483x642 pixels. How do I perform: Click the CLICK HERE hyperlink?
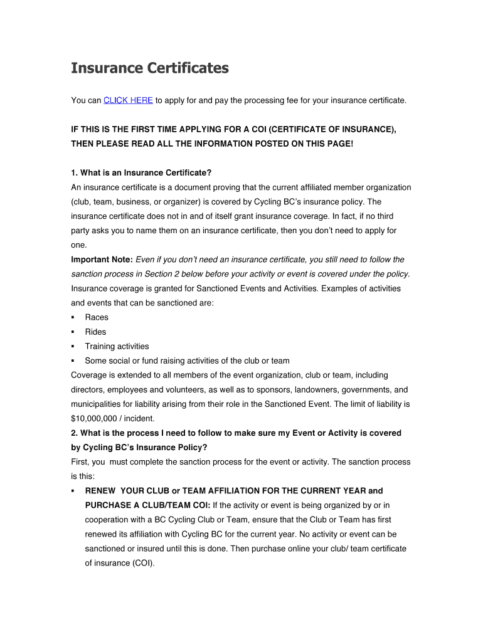pyautogui.click(x=128, y=100)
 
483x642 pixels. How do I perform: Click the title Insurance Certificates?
pyautogui.click(x=149, y=68)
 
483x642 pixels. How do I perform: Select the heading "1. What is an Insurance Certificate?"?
pyautogui.click(x=141, y=172)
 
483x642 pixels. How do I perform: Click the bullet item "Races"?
pyautogui.click(x=97, y=317)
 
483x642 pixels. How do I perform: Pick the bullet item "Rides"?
pyautogui.click(x=96, y=332)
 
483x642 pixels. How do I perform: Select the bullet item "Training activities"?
pyautogui.click(x=117, y=346)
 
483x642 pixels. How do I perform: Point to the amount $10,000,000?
pyautogui.click(x=95, y=418)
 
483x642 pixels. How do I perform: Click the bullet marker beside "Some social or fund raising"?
pyautogui.click(x=73, y=361)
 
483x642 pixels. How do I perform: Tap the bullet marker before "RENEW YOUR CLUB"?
pyautogui.click(x=73, y=491)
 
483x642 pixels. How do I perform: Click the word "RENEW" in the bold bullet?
pyautogui.click(x=100, y=491)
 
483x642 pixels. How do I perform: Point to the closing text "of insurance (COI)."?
pyautogui.click(x=120, y=563)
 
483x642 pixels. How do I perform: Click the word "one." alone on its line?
pyautogui.click(x=79, y=245)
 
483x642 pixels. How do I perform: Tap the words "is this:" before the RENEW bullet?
pyautogui.click(x=84, y=476)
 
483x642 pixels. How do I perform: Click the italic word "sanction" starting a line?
pyautogui.click(x=88, y=274)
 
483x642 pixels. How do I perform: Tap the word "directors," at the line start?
pyautogui.click(x=90, y=389)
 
